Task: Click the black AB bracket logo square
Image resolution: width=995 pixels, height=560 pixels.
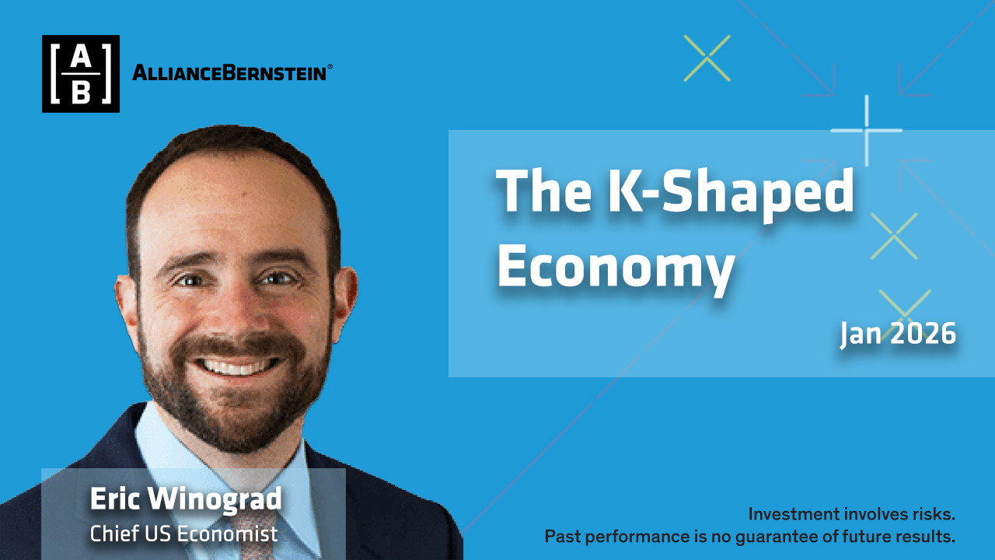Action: coord(81,74)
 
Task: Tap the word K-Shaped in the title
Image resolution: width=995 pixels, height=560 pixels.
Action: coord(731,194)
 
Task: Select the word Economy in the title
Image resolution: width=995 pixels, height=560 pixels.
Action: coord(616,268)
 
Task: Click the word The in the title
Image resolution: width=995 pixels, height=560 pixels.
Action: coord(543,191)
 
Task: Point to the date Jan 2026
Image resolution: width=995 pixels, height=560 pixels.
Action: coord(898,334)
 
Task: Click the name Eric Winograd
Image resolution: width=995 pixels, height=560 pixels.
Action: coord(186,499)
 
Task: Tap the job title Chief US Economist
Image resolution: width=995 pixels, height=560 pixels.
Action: coord(184,534)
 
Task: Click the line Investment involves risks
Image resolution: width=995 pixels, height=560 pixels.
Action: coord(851,514)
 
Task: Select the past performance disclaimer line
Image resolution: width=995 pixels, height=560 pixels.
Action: coord(750,537)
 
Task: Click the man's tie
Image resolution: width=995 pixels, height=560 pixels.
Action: coord(256,536)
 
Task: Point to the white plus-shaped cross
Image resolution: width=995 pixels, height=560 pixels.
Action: coord(867,131)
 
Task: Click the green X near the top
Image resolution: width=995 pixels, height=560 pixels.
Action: coord(707,58)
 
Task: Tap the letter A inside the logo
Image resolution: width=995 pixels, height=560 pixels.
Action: coord(81,57)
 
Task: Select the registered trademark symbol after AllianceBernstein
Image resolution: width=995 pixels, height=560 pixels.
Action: coord(330,67)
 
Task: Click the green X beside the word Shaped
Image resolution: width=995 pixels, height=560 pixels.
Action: coord(894,236)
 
